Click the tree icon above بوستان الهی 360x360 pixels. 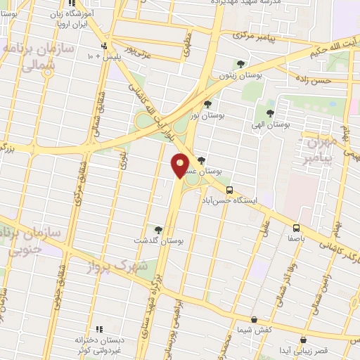(x=270, y=112)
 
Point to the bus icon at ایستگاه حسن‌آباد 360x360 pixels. (x=229, y=190)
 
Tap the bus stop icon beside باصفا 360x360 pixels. (x=297, y=228)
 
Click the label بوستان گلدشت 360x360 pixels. (x=161, y=240)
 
